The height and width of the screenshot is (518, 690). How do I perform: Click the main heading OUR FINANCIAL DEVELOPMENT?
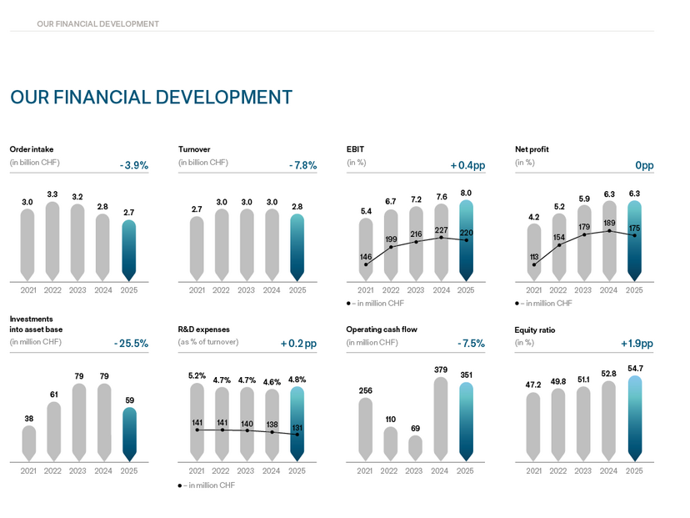coord(151,98)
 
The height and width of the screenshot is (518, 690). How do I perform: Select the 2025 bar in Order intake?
coord(127,250)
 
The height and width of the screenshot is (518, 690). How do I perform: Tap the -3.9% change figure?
coord(134,166)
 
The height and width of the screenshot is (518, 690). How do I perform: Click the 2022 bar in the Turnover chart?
coord(221,244)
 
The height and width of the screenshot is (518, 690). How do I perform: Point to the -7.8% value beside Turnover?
coord(303,166)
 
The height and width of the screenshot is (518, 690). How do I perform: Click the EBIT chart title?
coord(356,149)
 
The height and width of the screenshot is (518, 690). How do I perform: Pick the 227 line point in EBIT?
coord(442,237)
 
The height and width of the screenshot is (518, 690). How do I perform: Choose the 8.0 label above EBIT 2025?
coord(467,193)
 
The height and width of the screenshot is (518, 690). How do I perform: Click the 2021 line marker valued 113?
coord(533,264)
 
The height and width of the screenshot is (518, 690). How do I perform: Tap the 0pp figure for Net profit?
coord(644,166)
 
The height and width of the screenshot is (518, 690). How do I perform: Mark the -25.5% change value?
coord(131,344)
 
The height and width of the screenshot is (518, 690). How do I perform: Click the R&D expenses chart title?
coord(204,329)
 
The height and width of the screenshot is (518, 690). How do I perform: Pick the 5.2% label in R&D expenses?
coord(197,376)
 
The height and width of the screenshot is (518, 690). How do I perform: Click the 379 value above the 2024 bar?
coord(441,369)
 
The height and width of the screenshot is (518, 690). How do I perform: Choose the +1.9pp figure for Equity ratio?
coord(637,344)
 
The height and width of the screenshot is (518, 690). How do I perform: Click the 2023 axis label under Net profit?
coord(583,290)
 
